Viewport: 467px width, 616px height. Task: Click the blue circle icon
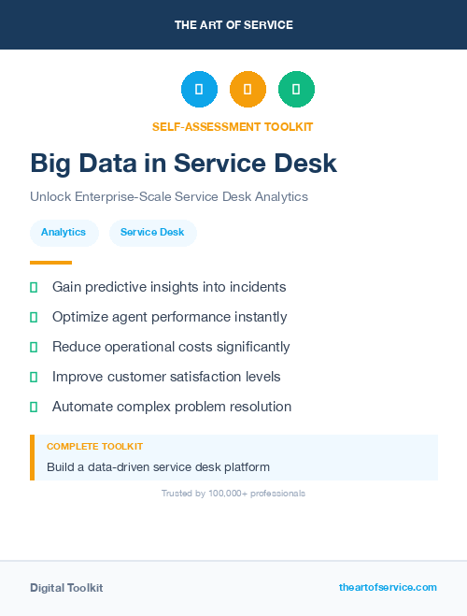click(x=199, y=90)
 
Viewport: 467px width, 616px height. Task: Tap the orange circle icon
click(x=248, y=90)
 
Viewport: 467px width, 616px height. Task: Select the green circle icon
click(x=296, y=90)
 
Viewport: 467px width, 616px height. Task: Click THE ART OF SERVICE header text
click(x=233, y=25)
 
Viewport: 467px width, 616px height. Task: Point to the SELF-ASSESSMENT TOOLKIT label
click(x=233, y=126)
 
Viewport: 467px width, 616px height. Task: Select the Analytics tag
click(x=64, y=232)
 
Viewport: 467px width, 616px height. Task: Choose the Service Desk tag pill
click(x=152, y=232)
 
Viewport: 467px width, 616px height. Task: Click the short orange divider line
click(x=50, y=263)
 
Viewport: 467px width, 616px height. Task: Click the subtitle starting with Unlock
click(x=168, y=197)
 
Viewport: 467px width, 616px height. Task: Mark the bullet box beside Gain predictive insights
click(x=34, y=287)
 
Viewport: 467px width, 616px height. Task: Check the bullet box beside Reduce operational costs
click(x=34, y=347)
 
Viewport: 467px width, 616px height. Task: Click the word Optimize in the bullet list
click(x=80, y=317)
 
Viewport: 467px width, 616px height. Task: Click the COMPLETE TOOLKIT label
click(x=94, y=447)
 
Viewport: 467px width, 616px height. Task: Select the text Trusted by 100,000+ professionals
click(x=233, y=493)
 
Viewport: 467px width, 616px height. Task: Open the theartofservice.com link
click(x=388, y=587)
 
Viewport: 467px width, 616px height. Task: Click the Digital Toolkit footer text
click(x=66, y=588)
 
